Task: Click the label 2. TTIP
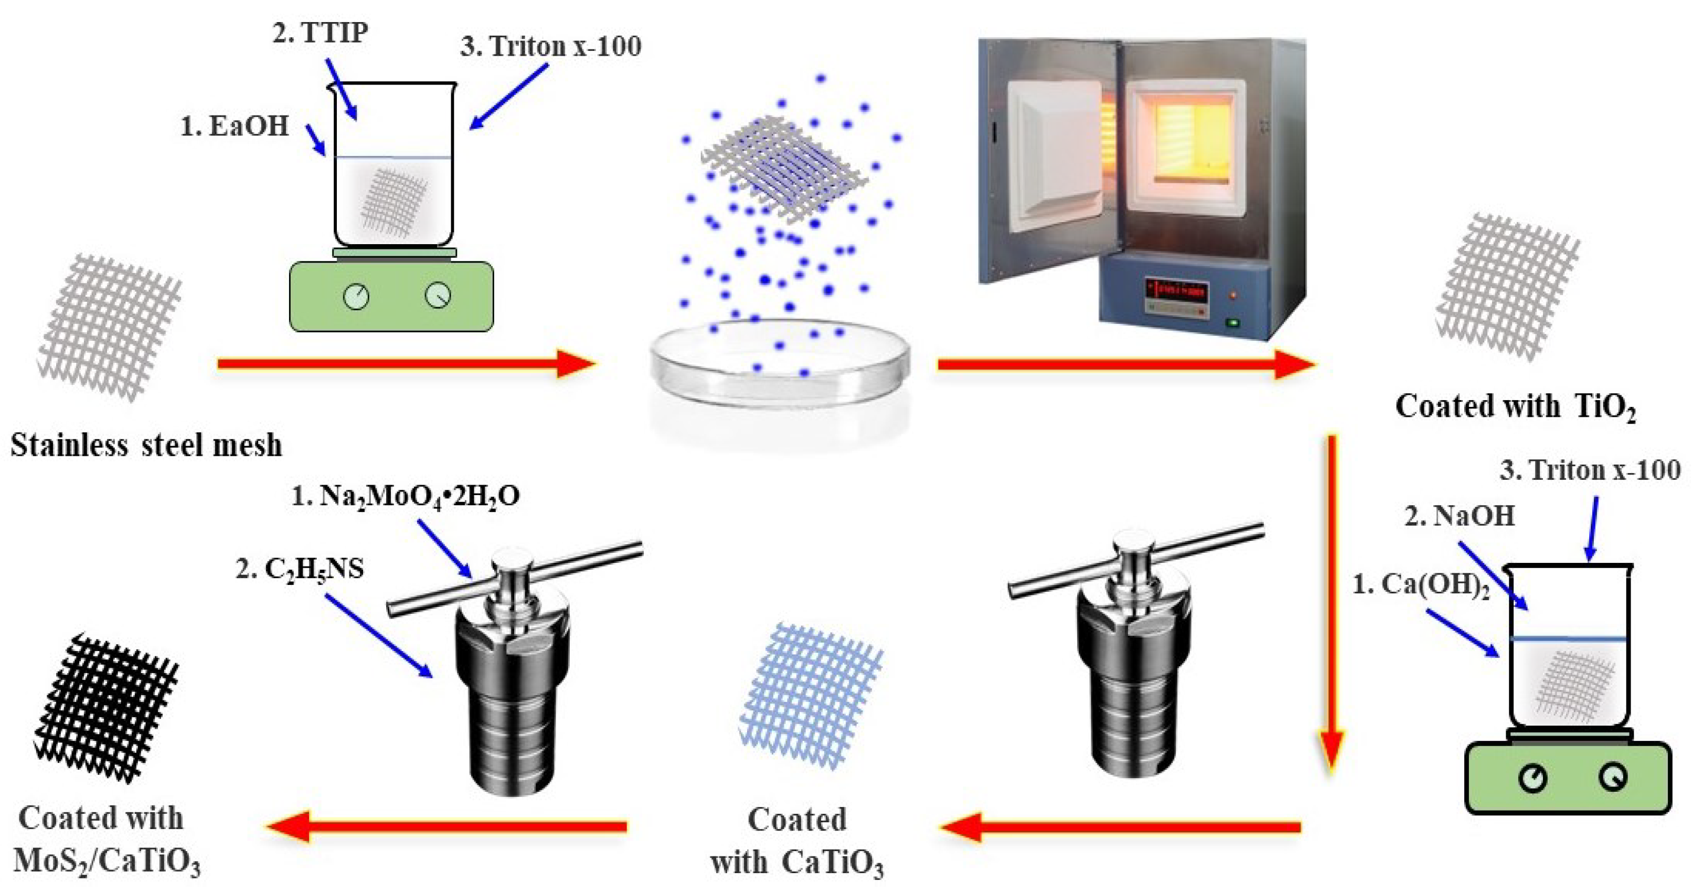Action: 320,33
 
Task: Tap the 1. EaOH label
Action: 235,126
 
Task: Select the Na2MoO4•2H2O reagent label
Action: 406,496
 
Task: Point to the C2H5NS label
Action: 300,569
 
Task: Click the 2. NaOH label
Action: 1460,516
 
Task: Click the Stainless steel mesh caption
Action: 146,446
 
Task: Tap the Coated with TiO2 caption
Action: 1515,407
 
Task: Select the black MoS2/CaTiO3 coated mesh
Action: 105,707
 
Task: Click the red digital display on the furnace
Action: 1176,290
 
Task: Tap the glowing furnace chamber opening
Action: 1186,141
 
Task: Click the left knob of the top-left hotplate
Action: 356,297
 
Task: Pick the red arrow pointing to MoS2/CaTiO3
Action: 447,826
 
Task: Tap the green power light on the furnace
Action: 1233,322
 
